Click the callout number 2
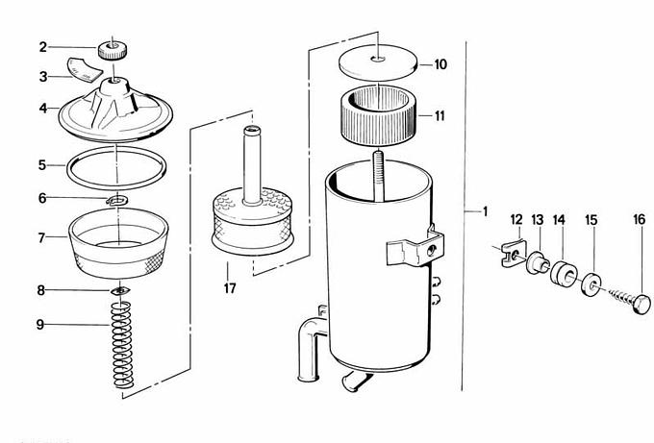tap(43, 46)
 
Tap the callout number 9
tap(41, 324)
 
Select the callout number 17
tap(229, 287)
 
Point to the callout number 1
tap(485, 210)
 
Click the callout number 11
tap(439, 116)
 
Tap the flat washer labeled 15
tap(589, 285)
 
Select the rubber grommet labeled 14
tap(562, 273)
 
